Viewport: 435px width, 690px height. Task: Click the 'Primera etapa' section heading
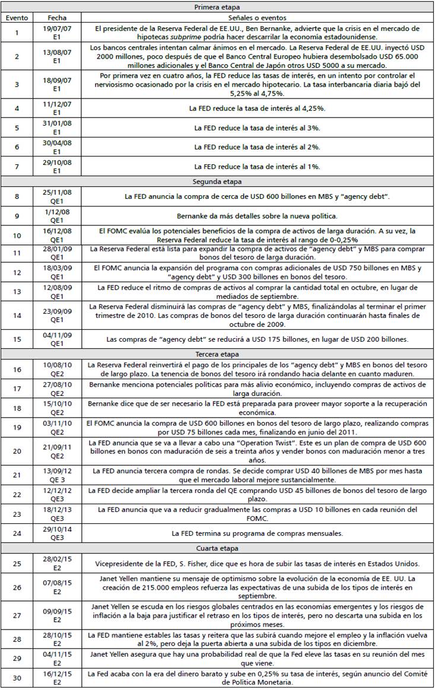tap(217, 7)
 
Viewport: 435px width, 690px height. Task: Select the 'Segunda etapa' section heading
tap(217, 182)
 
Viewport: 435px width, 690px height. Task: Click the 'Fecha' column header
tap(57, 18)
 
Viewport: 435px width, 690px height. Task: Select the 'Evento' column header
tap(17, 18)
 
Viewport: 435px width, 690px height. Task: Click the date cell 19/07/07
tap(57, 28)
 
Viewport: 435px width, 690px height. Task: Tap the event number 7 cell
tap(17, 167)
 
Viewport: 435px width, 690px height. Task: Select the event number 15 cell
tap(17, 339)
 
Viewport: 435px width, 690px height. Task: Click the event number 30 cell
tap(17, 679)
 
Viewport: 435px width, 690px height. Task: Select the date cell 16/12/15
tap(57, 675)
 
